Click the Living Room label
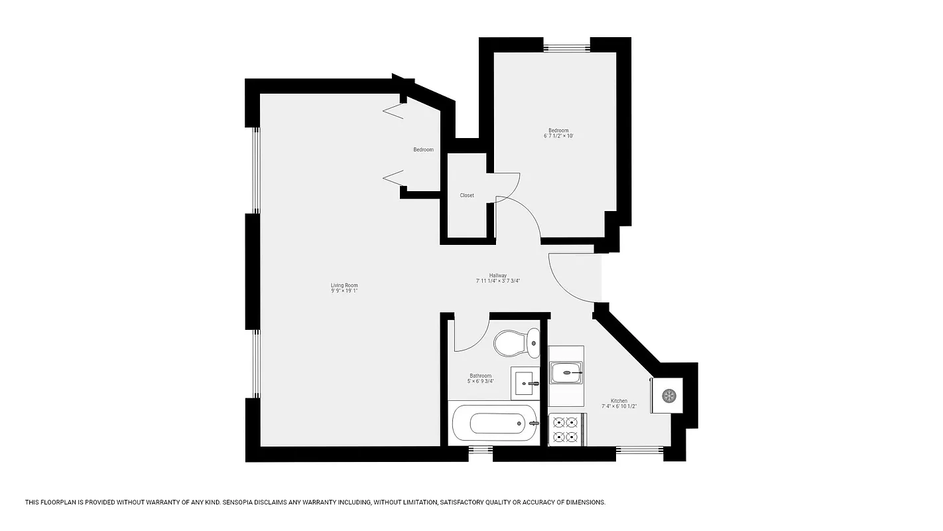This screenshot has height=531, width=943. [344, 285]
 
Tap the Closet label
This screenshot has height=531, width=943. [467, 196]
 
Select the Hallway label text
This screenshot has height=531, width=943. [498, 275]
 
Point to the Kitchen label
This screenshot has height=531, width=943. [619, 401]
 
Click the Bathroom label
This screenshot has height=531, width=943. [481, 376]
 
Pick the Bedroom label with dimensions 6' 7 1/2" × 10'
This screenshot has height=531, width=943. [558, 133]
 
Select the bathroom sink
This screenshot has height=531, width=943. [526, 383]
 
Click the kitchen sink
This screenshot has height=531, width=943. [566, 372]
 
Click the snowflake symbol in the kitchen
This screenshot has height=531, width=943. [668, 396]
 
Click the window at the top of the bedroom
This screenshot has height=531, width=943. [567, 47]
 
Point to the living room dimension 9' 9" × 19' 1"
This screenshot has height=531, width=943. [344, 291]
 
